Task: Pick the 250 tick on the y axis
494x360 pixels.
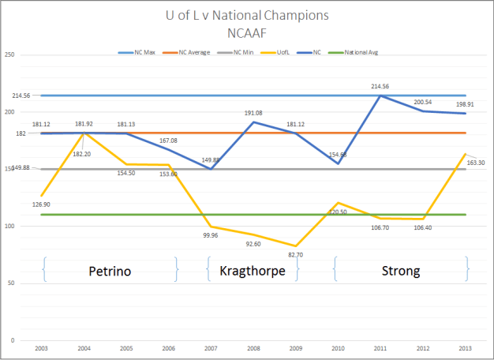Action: point(10,54)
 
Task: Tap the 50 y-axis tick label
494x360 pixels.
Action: point(12,283)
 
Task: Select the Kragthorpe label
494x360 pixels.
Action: point(253,271)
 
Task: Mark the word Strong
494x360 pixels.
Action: point(400,271)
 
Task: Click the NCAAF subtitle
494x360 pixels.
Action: point(246,33)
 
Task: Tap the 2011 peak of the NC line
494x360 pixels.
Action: point(382,96)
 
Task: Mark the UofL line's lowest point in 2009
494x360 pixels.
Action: point(296,246)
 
